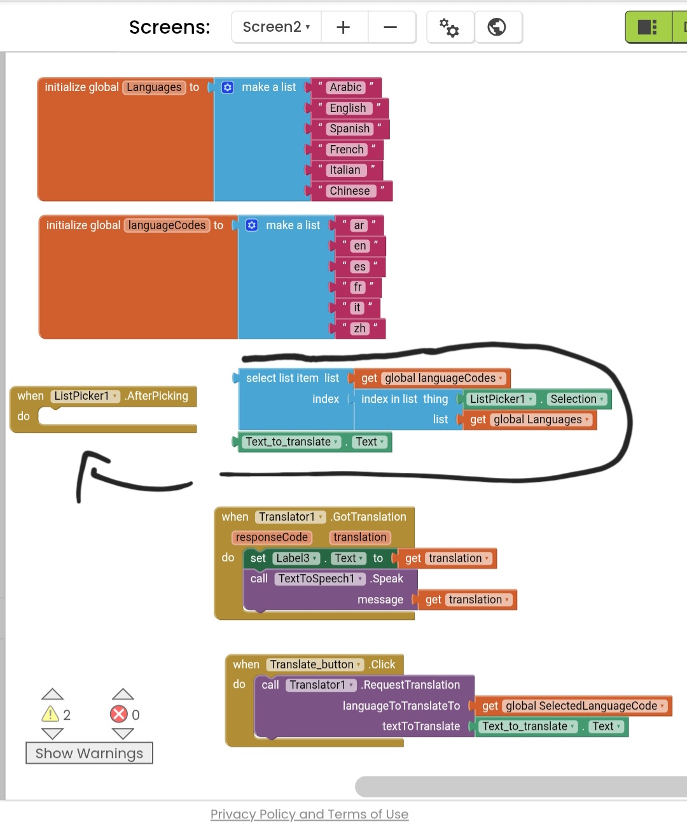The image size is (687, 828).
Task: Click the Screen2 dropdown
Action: click(276, 27)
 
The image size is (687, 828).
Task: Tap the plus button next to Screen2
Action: click(343, 27)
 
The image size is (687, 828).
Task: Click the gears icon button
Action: click(449, 27)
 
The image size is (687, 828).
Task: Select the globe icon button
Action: click(497, 27)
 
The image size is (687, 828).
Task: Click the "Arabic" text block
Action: click(345, 87)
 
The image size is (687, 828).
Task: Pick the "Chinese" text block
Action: click(349, 191)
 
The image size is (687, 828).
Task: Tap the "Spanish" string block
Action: click(349, 129)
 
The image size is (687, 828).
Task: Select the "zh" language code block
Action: click(359, 328)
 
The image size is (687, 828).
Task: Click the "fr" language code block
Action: click(357, 287)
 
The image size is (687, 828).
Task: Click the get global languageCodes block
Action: click(433, 378)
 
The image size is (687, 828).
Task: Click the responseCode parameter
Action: click(272, 537)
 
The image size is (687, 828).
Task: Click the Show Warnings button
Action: click(89, 753)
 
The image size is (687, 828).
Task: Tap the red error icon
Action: click(119, 714)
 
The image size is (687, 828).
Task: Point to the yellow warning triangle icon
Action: click(50, 714)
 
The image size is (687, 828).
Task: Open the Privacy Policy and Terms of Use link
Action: click(309, 814)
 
